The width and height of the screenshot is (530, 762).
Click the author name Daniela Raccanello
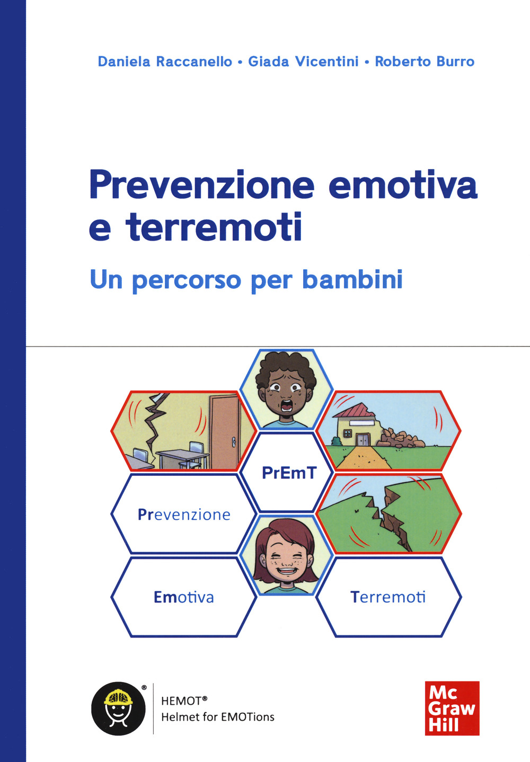click(x=165, y=61)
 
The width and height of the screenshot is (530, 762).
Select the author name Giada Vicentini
click(x=303, y=61)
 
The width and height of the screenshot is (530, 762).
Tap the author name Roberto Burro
click(x=425, y=61)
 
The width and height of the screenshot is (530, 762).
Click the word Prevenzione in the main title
click(x=202, y=185)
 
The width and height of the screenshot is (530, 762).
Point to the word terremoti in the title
click(x=214, y=227)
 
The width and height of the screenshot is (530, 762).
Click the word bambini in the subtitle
click(x=352, y=279)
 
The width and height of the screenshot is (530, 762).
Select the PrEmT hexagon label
click(x=289, y=473)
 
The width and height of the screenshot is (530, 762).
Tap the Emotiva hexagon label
click(x=184, y=597)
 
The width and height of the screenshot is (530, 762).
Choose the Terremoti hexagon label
click(x=388, y=597)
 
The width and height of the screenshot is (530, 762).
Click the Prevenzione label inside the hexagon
click(x=184, y=515)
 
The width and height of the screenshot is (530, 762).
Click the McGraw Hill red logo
click(x=452, y=708)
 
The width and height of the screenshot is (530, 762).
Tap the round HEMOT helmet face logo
click(x=118, y=708)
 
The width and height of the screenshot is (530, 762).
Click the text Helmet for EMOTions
click(x=218, y=717)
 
